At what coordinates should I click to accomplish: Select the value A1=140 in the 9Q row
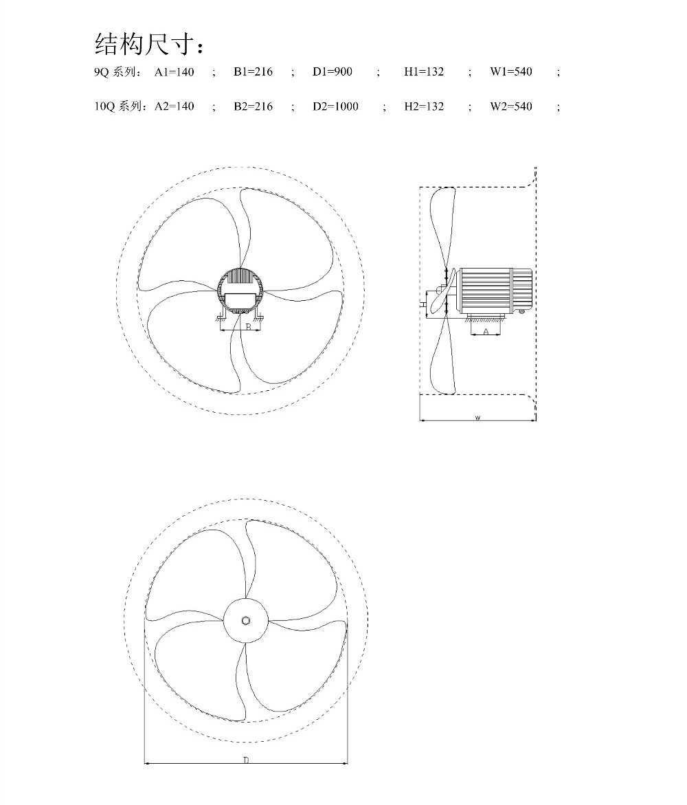click(x=174, y=72)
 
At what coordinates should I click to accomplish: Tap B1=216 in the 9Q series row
click(x=253, y=72)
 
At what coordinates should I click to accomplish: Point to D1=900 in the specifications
click(x=333, y=72)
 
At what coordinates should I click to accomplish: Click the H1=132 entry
click(x=424, y=72)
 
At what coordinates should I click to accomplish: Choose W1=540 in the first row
click(x=511, y=72)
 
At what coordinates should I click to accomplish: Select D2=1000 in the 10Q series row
click(x=335, y=106)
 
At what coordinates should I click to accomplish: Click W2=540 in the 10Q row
click(x=511, y=106)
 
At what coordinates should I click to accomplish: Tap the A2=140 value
click(x=174, y=106)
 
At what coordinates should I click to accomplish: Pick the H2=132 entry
click(x=424, y=106)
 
